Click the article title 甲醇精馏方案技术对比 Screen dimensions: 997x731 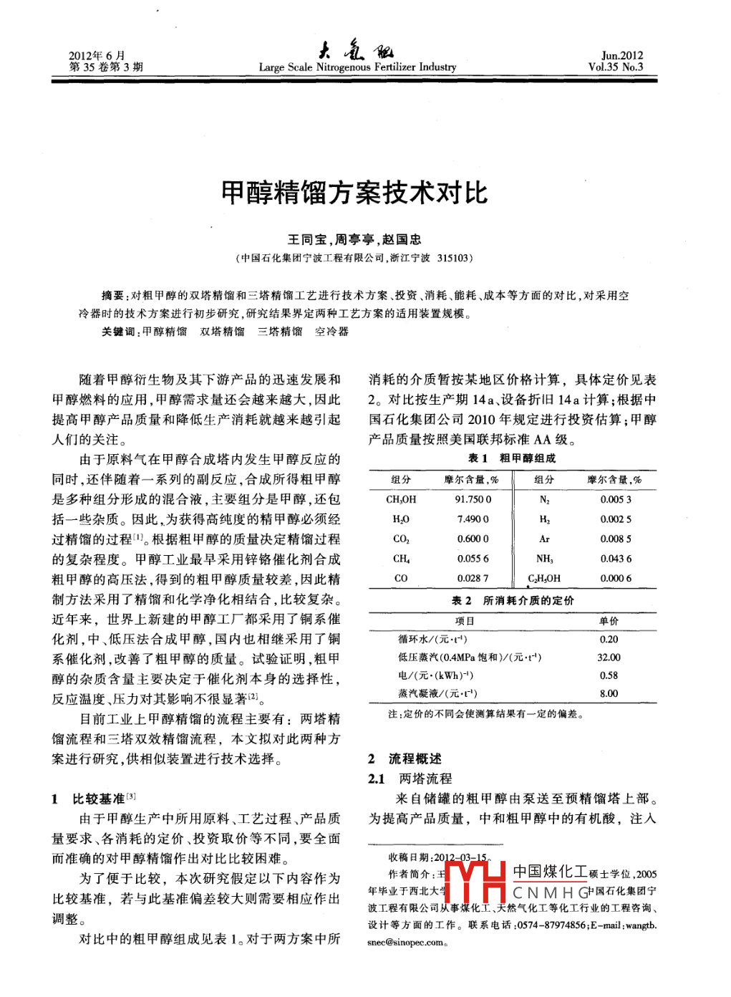[354, 193]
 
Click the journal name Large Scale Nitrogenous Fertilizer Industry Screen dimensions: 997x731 [357, 67]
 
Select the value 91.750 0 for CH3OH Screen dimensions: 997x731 [473, 499]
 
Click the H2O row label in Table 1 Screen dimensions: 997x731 [401, 519]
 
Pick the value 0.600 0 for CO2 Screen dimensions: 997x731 [473, 539]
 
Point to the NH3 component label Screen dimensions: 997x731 [544, 559]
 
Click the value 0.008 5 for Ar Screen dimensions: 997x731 [616, 539]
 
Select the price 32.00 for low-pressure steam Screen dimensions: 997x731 [609, 657]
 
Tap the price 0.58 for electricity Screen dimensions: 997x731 [609, 675]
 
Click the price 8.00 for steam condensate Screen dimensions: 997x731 [609, 693]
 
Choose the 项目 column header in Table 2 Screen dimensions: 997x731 [465, 621]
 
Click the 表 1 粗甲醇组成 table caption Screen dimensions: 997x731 [511, 458]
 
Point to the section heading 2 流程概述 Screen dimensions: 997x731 [405, 758]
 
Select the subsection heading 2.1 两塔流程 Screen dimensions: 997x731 [410, 779]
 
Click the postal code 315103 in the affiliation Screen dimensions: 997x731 [452, 258]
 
